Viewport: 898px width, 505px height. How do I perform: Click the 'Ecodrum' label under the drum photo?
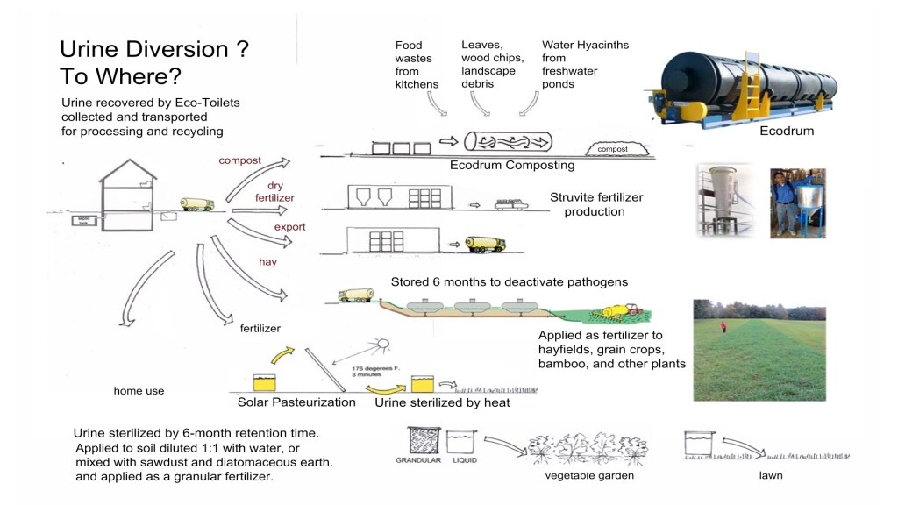pyautogui.click(x=787, y=132)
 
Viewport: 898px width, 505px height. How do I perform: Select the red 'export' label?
pyautogui.click(x=289, y=227)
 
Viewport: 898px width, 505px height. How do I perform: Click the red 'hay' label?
pyautogui.click(x=267, y=261)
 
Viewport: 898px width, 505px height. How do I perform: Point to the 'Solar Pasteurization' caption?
pyautogui.click(x=296, y=402)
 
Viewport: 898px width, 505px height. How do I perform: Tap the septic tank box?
pyautogui.click(x=84, y=221)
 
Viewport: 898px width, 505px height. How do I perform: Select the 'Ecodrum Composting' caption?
pyautogui.click(x=512, y=165)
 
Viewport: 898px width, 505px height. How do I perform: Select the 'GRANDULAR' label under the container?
pyautogui.click(x=417, y=459)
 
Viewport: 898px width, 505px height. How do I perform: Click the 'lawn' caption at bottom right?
pyautogui.click(x=771, y=476)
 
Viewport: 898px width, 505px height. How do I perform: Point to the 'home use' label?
pyautogui.click(x=139, y=391)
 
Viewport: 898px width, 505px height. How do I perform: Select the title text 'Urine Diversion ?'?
pyautogui.click(x=154, y=49)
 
